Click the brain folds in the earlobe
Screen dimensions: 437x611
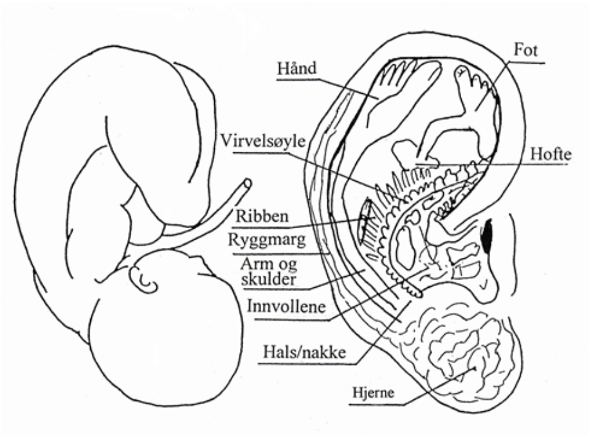[x=466, y=360]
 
